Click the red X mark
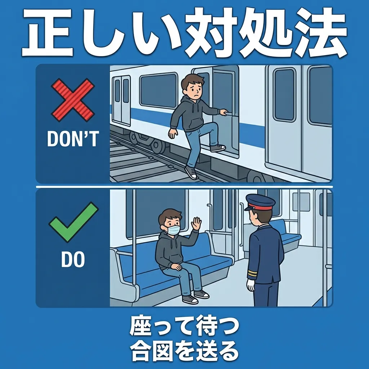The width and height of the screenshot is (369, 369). point(73,100)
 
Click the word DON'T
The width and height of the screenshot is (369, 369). point(73,139)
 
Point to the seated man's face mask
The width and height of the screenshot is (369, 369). point(173,229)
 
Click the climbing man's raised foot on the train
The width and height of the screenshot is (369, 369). point(217,148)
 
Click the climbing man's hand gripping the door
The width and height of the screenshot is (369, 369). point(223,112)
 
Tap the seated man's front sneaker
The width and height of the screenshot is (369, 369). point(190,299)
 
